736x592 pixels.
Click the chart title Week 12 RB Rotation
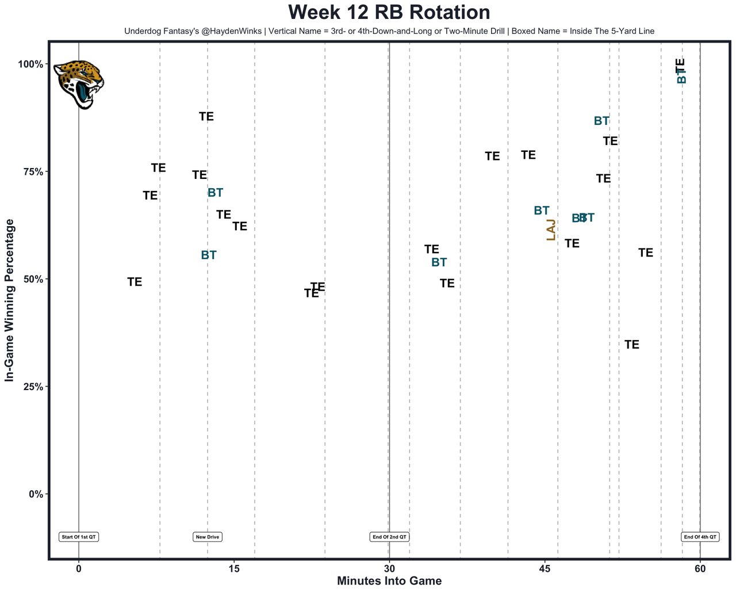click(x=389, y=13)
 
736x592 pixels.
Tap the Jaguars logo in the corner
click(x=79, y=84)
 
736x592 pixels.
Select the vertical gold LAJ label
click(x=551, y=230)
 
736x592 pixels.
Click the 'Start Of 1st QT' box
click(x=79, y=537)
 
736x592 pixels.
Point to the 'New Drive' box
click(x=208, y=537)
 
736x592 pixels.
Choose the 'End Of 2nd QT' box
click(x=389, y=537)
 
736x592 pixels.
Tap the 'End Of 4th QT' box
click(x=700, y=537)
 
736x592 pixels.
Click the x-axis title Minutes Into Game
click(x=389, y=581)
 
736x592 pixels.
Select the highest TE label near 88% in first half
click(x=206, y=117)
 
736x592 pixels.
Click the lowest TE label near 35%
click(x=631, y=345)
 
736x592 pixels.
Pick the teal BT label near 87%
click(x=601, y=121)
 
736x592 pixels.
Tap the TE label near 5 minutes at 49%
click(x=135, y=282)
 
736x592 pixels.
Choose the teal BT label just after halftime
click(x=439, y=263)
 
